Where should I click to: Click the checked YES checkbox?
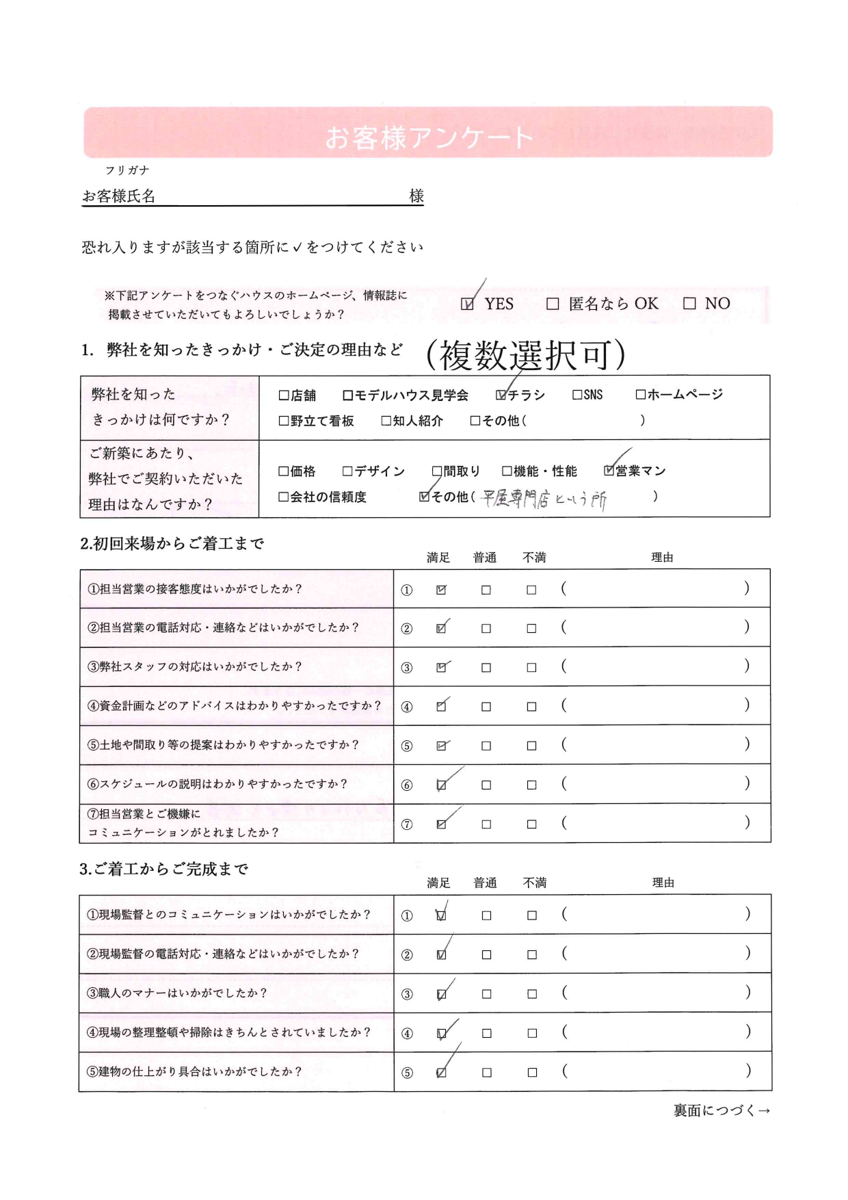tap(467, 304)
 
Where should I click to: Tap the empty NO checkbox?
tap(689, 304)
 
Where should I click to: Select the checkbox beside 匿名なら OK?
tap(553, 304)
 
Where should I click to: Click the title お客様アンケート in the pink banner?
tap(428, 138)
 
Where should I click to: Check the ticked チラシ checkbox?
tap(501, 395)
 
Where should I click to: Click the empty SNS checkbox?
tap(577, 395)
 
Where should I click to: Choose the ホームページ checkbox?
tap(641, 395)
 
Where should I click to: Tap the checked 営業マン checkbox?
tap(609, 471)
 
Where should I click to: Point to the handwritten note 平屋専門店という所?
tap(544, 499)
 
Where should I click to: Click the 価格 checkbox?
tap(284, 471)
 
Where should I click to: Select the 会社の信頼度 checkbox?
tap(284, 497)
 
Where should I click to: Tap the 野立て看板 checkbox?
tap(284, 421)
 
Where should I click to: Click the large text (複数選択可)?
tap(525, 356)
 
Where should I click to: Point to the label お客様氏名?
tap(119, 196)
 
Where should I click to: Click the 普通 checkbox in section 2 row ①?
tap(486, 590)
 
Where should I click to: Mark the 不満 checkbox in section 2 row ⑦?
tap(531, 824)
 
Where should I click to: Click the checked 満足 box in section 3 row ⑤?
tap(441, 1073)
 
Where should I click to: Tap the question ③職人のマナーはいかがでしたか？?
tap(176, 993)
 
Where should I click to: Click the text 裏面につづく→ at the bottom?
tap(721, 1110)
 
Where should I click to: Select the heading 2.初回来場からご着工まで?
tap(172, 544)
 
